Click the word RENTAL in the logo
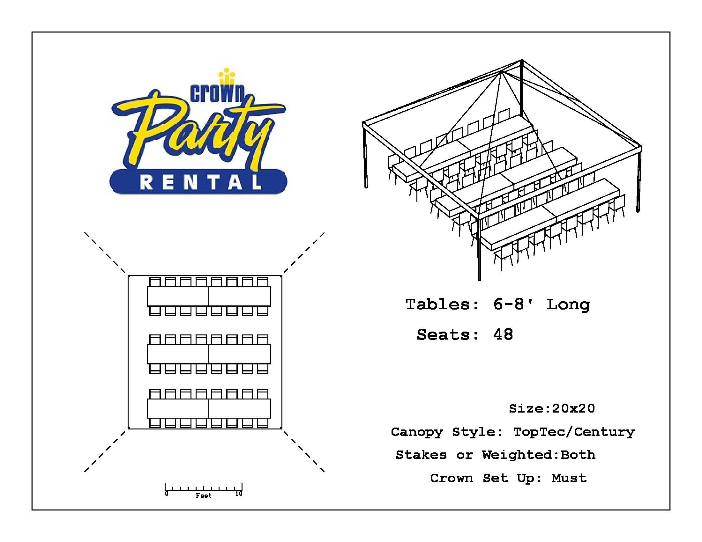pyautogui.click(x=201, y=182)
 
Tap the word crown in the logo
pyautogui.click(x=218, y=93)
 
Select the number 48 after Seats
pyautogui.click(x=503, y=334)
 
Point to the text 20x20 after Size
pyautogui.click(x=573, y=408)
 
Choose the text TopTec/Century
pyautogui.click(x=574, y=432)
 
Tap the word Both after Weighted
pyautogui.click(x=578, y=455)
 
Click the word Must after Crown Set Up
pyautogui.click(x=569, y=478)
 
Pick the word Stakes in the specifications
pyautogui.click(x=421, y=455)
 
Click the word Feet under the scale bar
pyautogui.click(x=204, y=496)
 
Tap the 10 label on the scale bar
pyautogui.click(x=239, y=494)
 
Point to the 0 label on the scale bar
pyautogui.click(x=167, y=494)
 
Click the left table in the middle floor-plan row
pyautogui.click(x=178, y=354)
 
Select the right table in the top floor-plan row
pyautogui.click(x=240, y=297)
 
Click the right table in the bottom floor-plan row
pyautogui.click(x=240, y=408)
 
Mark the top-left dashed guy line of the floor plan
pyautogui.click(x=105, y=253)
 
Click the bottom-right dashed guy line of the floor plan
pyautogui.click(x=304, y=451)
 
